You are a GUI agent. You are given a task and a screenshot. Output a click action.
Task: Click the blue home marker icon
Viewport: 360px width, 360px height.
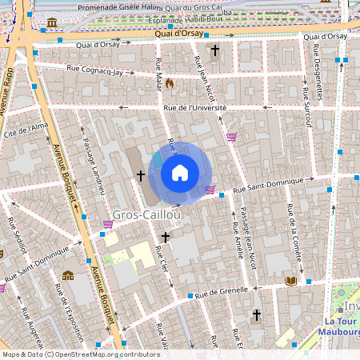coord(180,173)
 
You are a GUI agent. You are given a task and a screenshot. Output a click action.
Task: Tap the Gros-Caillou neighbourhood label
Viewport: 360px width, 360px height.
coord(147,214)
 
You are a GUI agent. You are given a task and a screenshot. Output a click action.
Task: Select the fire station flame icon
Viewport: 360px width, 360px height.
coord(170,82)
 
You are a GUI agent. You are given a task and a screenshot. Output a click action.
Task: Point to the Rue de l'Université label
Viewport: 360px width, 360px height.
coord(194,107)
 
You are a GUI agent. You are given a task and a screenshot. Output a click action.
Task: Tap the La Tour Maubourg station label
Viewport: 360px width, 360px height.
coord(340,326)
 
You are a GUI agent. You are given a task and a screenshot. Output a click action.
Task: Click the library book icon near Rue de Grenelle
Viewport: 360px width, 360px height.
coord(291,281)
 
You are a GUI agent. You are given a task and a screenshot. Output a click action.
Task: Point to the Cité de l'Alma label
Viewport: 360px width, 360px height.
coord(26,130)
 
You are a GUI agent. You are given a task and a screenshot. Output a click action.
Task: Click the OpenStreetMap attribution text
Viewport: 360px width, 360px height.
coord(81,354)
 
